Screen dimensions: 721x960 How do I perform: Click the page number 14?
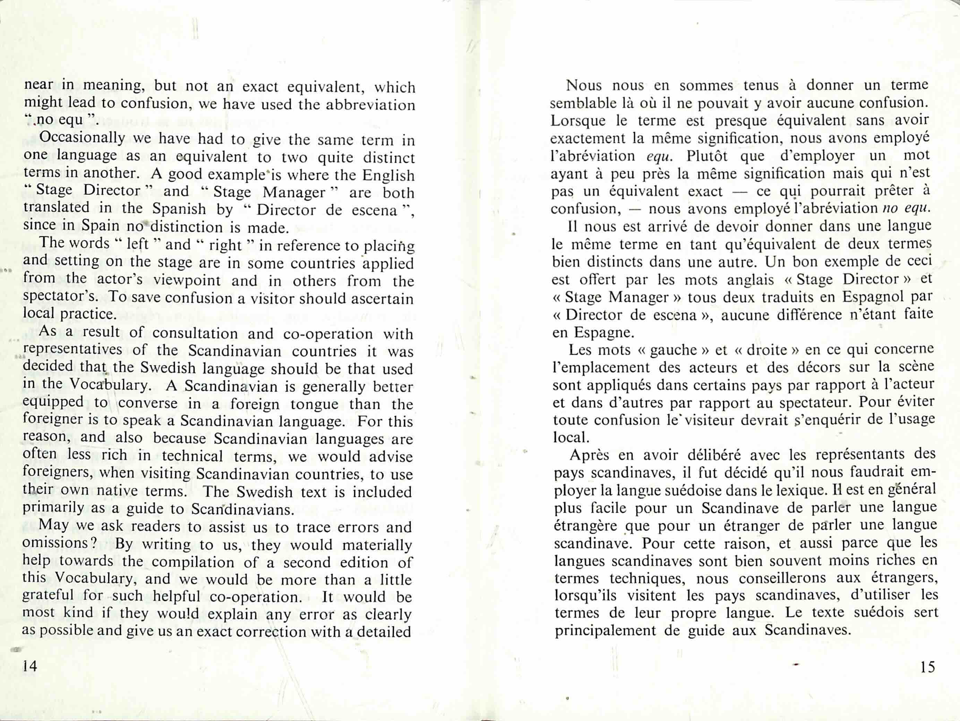[x=30, y=666]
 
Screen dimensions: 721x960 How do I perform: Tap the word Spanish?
[x=179, y=209]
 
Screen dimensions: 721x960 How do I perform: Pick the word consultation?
[x=195, y=333]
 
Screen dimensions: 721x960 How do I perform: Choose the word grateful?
[x=48, y=595]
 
